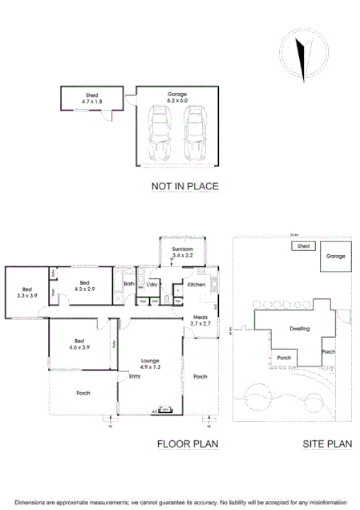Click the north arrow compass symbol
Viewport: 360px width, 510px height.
pyautogui.click(x=301, y=52)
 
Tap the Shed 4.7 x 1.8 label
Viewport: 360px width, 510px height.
pyautogui.click(x=91, y=99)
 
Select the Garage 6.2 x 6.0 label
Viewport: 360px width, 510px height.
pyautogui.click(x=177, y=98)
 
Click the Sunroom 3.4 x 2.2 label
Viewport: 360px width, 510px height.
pyautogui.click(x=183, y=252)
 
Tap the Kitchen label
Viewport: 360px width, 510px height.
pyautogui.click(x=196, y=285)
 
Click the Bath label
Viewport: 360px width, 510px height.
pyautogui.click(x=128, y=284)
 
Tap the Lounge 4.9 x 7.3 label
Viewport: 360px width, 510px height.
pyautogui.click(x=151, y=363)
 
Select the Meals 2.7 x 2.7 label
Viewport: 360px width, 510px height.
pyautogui.click(x=200, y=321)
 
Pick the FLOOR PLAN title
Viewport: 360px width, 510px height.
pyautogui.click(x=188, y=443)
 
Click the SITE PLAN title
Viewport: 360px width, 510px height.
pyautogui.click(x=328, y=443)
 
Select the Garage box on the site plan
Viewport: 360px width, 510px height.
pyautogui.click(x=335, y=257)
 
